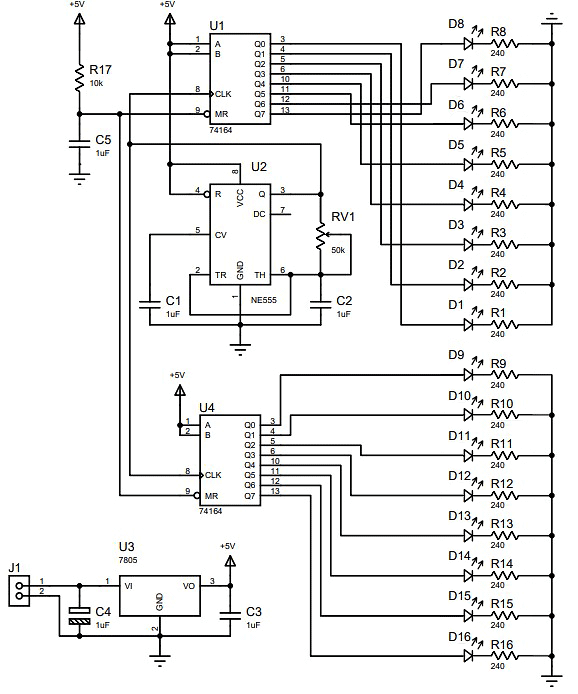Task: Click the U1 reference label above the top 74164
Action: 217,26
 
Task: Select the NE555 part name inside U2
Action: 263,300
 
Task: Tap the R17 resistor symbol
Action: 80,77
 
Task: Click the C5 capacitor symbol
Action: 80,143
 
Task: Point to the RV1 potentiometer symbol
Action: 321,238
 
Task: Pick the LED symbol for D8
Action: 469,44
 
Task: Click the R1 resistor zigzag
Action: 505,325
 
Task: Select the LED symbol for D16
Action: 469,655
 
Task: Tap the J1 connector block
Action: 19,591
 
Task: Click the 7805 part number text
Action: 128,560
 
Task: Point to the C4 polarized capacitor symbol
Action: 80,616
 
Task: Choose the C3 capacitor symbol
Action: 230,615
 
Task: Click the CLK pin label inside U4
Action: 213,475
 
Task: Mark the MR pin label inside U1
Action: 221,114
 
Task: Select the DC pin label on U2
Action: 259,214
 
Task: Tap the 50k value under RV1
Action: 338,250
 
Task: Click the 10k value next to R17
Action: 96,83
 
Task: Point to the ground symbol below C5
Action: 80,177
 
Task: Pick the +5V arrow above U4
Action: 179,390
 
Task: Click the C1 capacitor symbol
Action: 150,304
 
